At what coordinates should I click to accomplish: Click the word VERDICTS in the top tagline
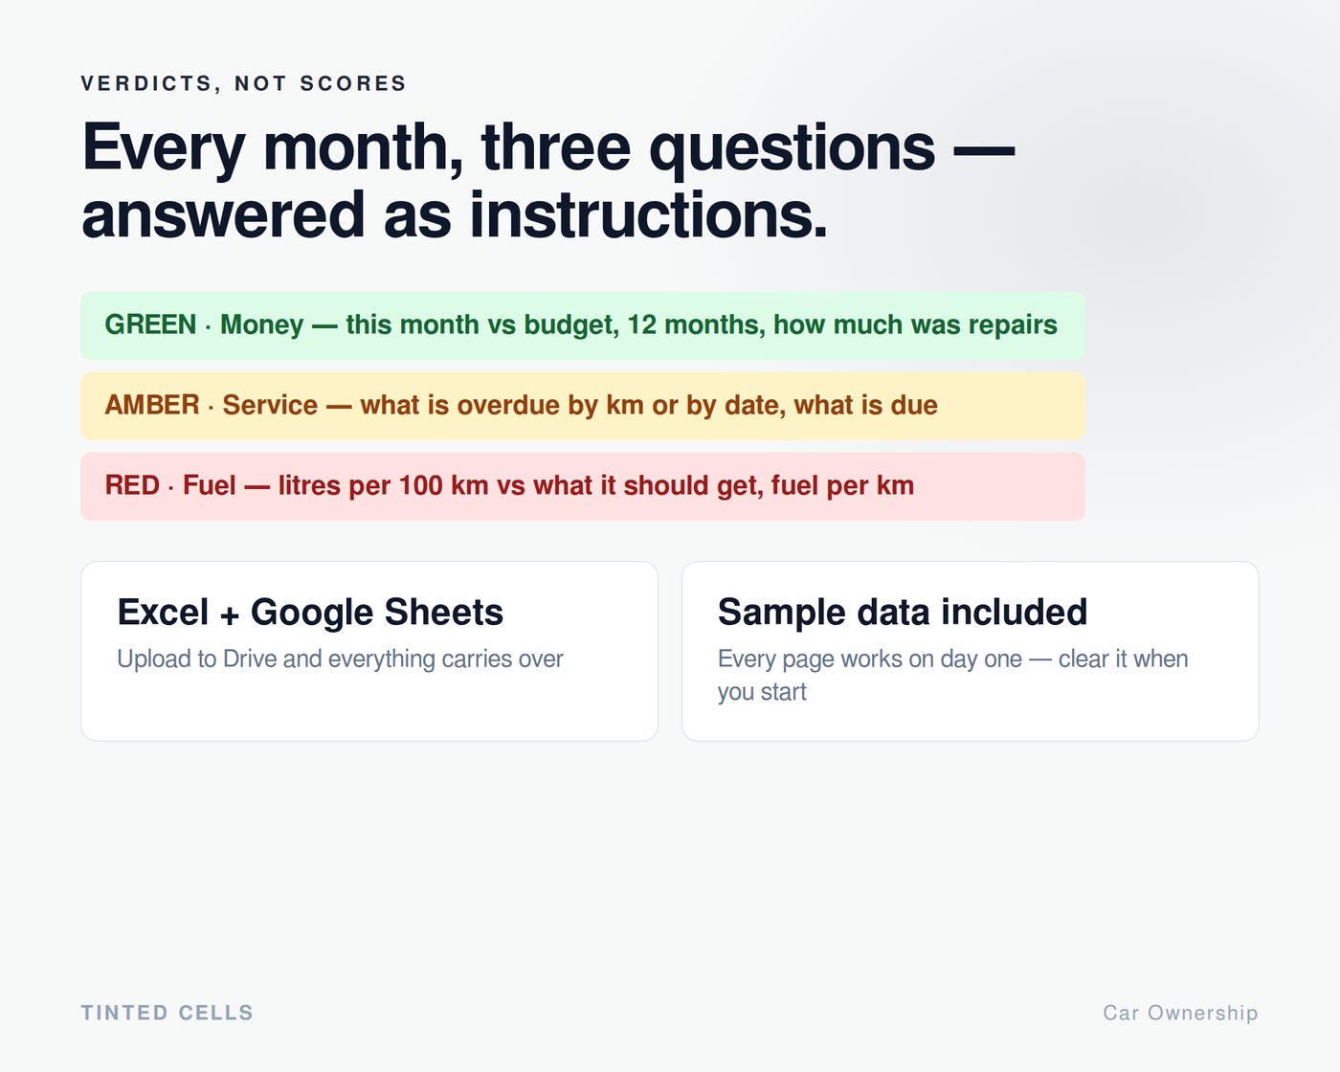[147, 83]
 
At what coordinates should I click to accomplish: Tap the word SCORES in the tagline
[353, 83]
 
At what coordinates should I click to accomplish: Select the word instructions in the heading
[648, 215]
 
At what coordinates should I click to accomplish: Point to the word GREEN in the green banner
[150, 324]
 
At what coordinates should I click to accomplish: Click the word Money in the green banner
[262, 325]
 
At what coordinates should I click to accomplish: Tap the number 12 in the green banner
[641, 324]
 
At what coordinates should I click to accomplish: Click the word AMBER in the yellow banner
[152, 405]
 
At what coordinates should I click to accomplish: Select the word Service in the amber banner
[270, 405]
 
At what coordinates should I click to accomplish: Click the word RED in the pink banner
[132, 485]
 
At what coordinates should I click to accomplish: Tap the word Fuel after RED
[210, 485]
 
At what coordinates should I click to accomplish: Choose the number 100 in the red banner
[420, 485]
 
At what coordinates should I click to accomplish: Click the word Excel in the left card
[163, 612]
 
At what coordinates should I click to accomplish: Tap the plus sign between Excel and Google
[230, 615]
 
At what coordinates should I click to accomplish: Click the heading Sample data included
[903, 612]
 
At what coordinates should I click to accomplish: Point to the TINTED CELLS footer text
[167, 1013]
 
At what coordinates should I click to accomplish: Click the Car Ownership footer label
[1180, 1013]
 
